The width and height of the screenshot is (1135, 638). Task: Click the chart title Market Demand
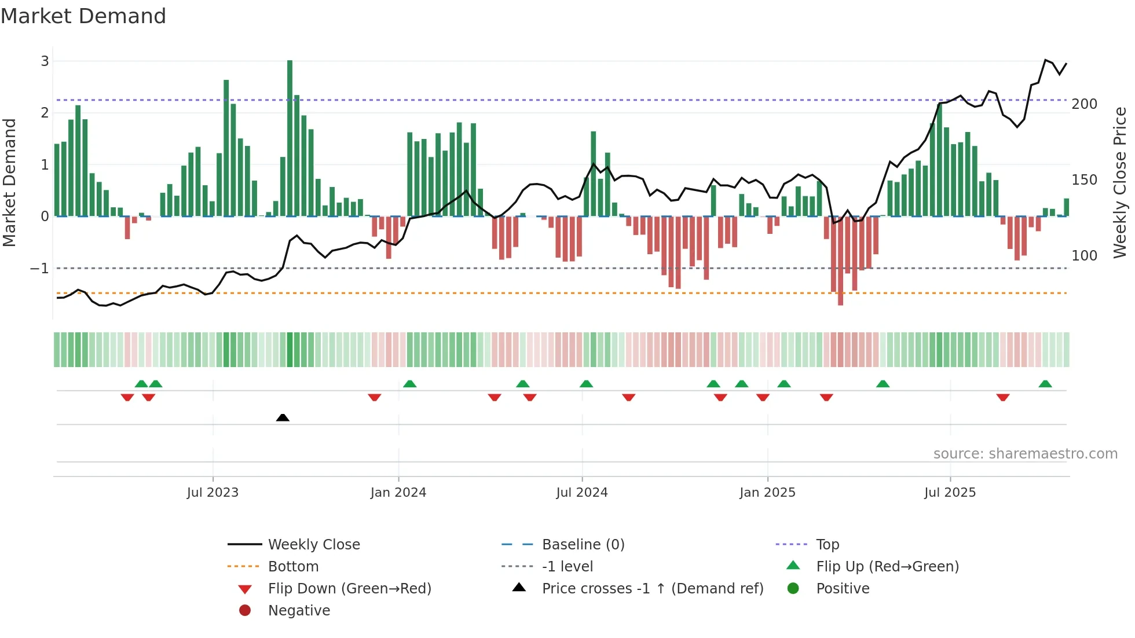coord(83,16)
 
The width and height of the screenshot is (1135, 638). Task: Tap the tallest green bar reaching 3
coord(290,139)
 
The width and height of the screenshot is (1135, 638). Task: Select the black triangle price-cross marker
coord(283,417)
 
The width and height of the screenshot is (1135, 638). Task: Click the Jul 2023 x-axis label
coord(213,493)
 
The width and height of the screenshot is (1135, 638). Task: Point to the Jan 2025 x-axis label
coord(767,493)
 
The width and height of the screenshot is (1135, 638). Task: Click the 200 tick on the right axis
coord(1084,104)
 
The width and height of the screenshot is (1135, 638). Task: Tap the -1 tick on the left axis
coord(39,269)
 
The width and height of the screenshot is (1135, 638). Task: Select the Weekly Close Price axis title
coord(1120,182)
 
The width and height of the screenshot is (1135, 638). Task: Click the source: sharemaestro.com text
coord(1025,454)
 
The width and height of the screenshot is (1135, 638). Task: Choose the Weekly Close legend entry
coord(313,545)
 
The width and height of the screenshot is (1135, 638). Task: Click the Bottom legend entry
coord(293,567)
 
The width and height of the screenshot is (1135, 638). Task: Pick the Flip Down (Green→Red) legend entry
coord(349,589)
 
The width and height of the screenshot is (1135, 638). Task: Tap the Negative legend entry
coord(299,611)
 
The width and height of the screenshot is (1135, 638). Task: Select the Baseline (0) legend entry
coord(583,545)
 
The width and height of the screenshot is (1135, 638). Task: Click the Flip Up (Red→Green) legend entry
coord(887,567)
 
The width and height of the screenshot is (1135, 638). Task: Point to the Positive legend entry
coord(843,589)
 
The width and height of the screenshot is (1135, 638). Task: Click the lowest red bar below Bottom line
coord(840,261)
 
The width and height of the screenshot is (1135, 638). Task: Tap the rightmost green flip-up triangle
coord(1045,384)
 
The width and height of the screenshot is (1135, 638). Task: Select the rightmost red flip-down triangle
coord(1003,397)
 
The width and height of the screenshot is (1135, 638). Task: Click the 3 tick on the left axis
coord(45,61)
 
